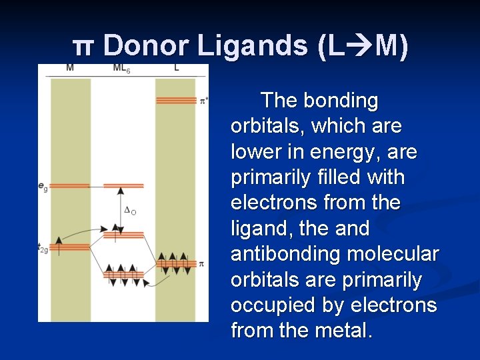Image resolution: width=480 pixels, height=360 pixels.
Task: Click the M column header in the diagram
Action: [70, 68]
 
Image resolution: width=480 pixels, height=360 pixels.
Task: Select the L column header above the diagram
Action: [176, 68]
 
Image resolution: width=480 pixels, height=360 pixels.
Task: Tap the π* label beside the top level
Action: [203, 101]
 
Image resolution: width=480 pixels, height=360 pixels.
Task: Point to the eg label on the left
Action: [43, 188]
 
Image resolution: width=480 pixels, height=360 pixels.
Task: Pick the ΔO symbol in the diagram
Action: [131, 211]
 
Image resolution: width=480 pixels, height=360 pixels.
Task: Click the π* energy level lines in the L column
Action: [176, 100]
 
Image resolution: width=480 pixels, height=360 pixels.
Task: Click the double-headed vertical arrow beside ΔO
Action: [121, 210]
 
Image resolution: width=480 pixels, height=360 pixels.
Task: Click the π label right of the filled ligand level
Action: [201, 264]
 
